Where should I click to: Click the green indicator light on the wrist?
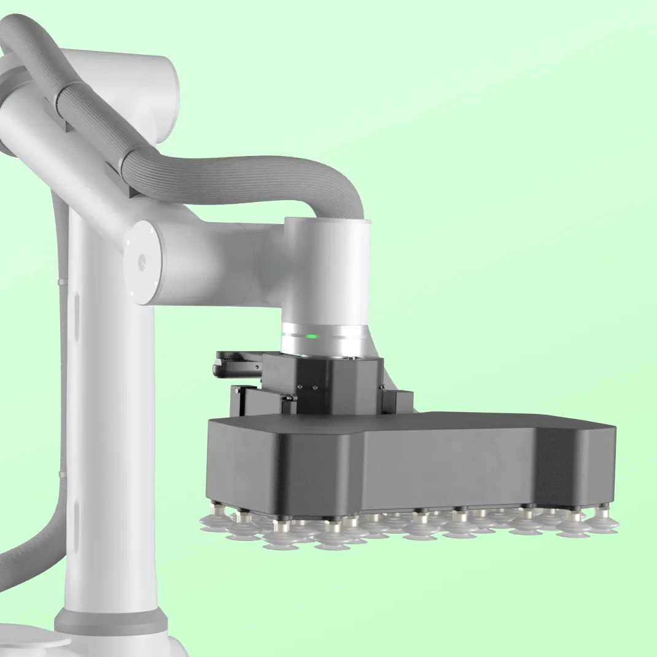point(312,336)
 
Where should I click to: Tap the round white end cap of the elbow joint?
point(144,262)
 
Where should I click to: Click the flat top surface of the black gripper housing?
point(430,424)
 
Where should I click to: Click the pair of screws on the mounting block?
point(306,387)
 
